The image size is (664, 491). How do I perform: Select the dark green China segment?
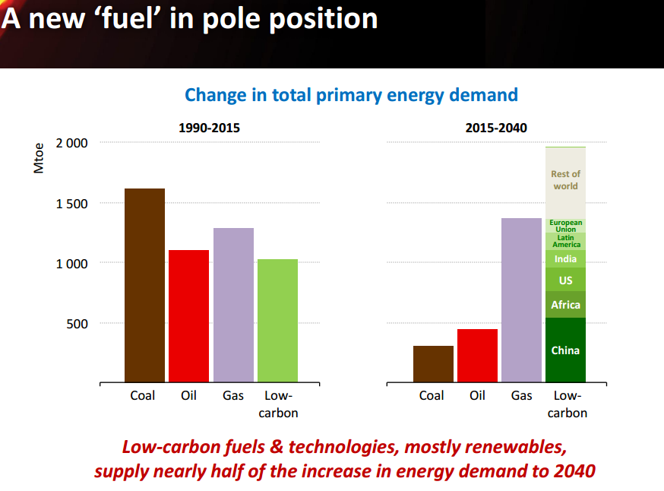[565, 350]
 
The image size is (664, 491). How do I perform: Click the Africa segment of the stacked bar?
[565, 305]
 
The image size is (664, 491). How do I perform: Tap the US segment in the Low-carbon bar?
[565, 280]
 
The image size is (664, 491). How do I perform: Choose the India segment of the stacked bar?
[565, 259]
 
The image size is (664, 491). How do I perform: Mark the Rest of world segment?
[565, 180]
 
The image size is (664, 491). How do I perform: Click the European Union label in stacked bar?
[565, 226]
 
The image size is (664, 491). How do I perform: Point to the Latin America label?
[565, 241]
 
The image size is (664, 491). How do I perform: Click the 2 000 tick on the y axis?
[72, 143]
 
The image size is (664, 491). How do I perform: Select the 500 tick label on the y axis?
[77, 324]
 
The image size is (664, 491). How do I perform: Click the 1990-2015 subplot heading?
[209, 128]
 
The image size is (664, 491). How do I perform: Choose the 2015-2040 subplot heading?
[496, 128]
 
